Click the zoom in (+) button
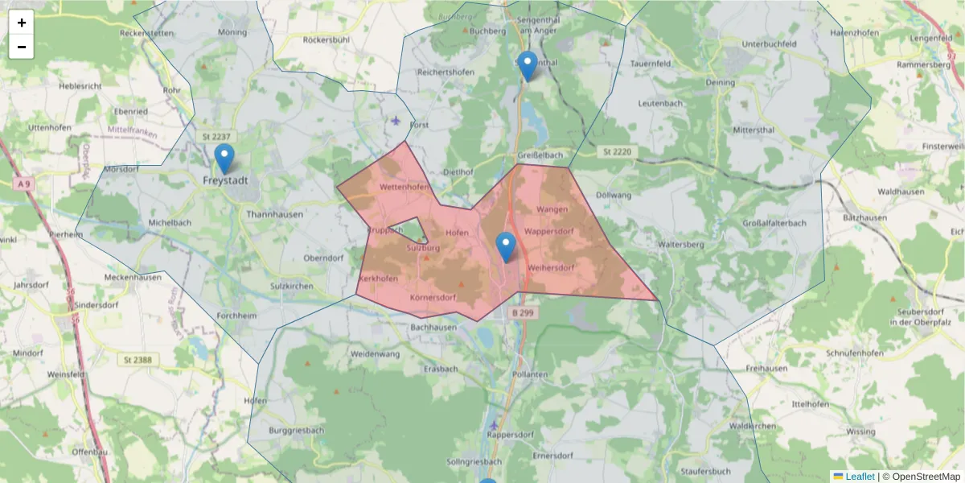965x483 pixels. (x=22, y=23)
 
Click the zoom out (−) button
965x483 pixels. (x=22, y=47)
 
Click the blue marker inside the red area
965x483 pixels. (x=505, y=246)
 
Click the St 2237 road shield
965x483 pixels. (x=217, y=138)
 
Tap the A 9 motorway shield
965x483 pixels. (x=24, y=184)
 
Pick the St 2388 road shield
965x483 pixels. (x=138, y=359)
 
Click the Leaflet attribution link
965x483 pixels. (x=859, y=477)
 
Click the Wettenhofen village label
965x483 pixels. (x=404, y=187)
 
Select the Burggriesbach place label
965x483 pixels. (x=297, y=431)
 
